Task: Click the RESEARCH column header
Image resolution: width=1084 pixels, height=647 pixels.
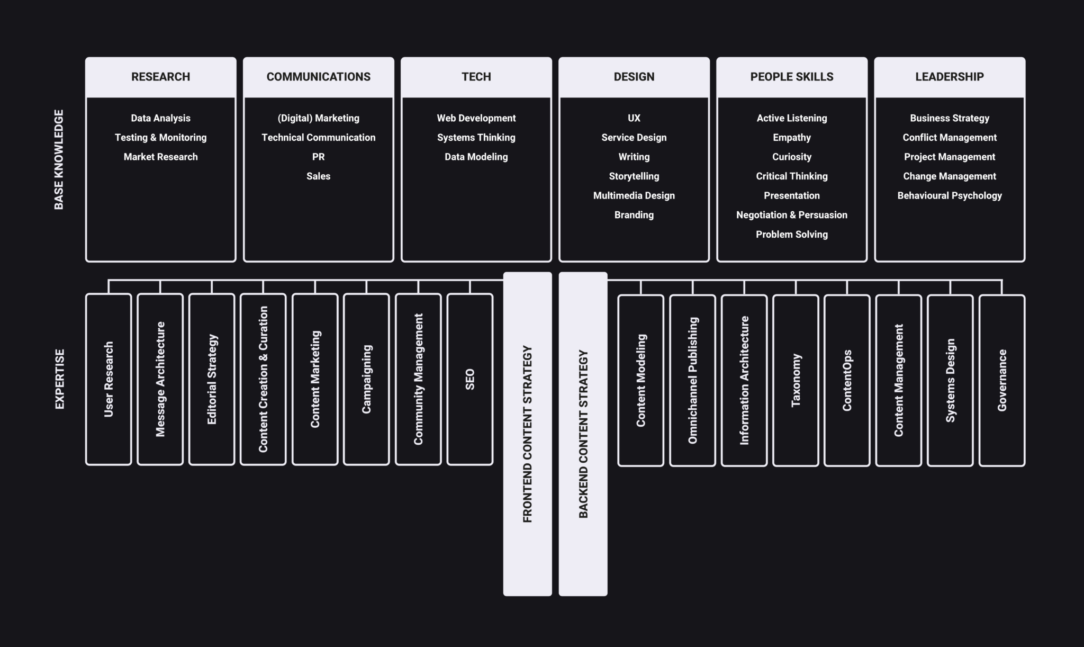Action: (x=160, y=77)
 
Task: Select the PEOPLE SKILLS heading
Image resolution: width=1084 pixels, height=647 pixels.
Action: (x=791, y=77)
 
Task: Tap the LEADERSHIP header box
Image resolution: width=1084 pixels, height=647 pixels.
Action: (x=949, y=77)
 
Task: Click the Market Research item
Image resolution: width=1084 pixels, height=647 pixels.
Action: (x=160, y=157)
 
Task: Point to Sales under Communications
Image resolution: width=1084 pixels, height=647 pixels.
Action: (x=318, y=176)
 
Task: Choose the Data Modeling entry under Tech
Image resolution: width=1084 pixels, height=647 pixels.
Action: (x=476, y=157)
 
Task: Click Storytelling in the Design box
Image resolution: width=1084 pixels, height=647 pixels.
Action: (x=634, y=176)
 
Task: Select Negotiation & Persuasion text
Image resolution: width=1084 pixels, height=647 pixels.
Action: (x=791, y=215)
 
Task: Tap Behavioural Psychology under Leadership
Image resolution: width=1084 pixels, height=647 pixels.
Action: (x=949, y=195)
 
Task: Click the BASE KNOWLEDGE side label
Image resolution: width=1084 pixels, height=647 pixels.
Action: (x=59, y=159)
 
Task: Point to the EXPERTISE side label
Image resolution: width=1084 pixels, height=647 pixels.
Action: (x=59, y=379)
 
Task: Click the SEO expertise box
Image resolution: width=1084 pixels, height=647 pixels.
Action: (x=469, y=379)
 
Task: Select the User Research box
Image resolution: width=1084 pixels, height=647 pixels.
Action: (x=109, y=379)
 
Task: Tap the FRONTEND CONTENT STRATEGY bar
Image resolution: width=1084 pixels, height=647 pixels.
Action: (x=527, y=434)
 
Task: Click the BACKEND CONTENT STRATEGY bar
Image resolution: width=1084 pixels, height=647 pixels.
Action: (x=583, y=434)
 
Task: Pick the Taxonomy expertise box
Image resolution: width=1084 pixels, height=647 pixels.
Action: (x=796, y=380)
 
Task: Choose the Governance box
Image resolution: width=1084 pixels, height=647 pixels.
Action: (x=1001, y=380)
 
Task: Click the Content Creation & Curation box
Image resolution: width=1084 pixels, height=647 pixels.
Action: (x=263, y=379)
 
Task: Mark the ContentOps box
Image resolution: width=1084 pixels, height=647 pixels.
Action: (x=847, y=380)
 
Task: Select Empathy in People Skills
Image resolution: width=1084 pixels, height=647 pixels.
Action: (x=791, y=138)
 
